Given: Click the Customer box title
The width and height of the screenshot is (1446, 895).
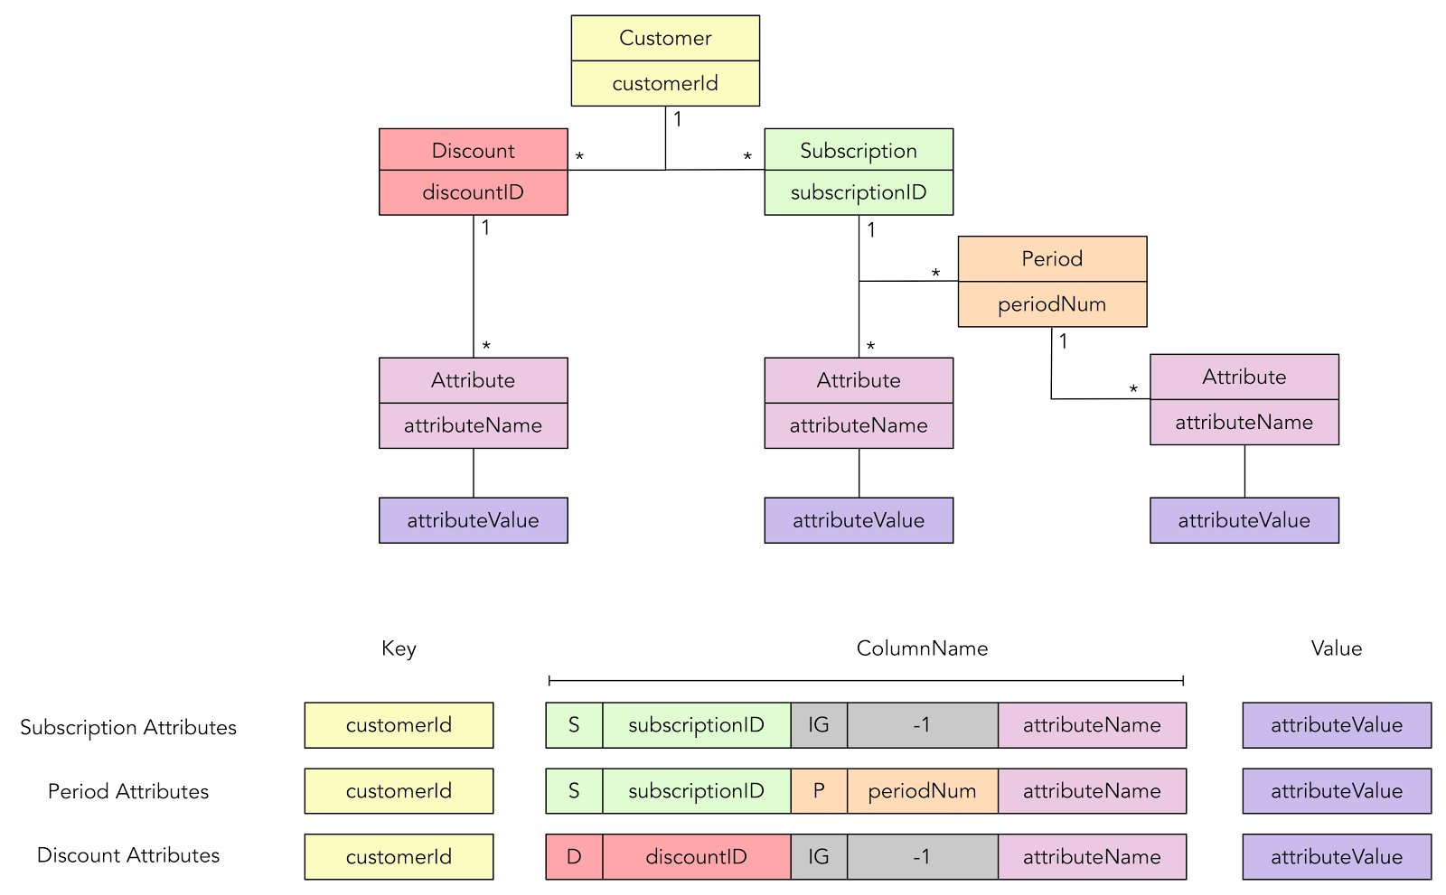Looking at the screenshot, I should [x=665, y=38].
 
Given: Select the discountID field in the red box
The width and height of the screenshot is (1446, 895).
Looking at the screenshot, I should [x=473, y=192].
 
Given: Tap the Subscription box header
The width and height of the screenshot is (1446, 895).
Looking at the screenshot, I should [x=858, y=150].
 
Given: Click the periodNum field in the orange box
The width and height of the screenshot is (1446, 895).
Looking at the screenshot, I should [x=1051, y=304].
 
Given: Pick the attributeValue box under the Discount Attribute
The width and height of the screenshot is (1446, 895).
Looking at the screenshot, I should [x=473, y=520].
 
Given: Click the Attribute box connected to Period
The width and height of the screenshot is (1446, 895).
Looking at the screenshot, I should [x=1244, y=377].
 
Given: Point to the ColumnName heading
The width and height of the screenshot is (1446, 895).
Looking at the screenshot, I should [x=922, y=648].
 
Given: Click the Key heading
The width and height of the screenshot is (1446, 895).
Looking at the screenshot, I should [x=399, y=648].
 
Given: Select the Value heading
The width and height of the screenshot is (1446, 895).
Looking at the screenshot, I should [x=1336, y=648].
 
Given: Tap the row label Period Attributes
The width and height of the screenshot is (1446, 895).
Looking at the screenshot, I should [x=128, y=791].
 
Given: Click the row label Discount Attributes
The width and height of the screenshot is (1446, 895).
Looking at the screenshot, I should [x=128, y=855].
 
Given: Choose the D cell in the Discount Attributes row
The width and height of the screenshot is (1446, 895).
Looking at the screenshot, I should [x=574, y=857].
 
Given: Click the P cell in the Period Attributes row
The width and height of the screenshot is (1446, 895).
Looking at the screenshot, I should [x=819, y=791].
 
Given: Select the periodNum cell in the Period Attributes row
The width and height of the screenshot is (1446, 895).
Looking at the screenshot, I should [x=922, y=791].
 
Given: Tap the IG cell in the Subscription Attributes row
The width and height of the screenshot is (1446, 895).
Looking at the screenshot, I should [x=819, y=725].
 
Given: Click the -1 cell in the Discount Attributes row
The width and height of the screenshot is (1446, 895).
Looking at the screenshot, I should [x=922, y=857].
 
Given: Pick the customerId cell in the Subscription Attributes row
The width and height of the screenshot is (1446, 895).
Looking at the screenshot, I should [x=399, y=725].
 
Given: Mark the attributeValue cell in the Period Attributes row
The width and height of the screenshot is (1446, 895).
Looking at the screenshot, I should [x=1336, y=791].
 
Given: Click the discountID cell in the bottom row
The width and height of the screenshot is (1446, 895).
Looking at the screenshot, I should [x=696, y=857].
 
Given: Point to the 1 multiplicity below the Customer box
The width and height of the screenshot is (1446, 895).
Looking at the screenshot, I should [x=678, y=119].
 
